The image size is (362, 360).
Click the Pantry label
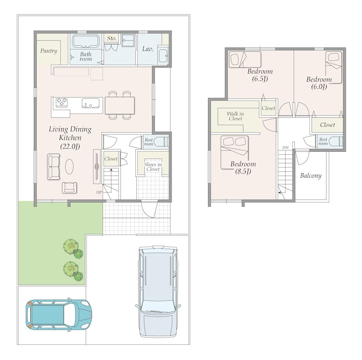48,51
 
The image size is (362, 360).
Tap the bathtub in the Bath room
86,41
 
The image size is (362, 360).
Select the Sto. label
111,38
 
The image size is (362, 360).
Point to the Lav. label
148,49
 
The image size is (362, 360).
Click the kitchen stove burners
62,102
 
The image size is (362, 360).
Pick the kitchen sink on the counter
91,103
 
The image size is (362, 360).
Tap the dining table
120,106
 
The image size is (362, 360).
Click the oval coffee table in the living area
70,167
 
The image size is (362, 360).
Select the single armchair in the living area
70,187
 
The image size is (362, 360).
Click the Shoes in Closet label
153,167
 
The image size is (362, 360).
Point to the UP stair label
99,192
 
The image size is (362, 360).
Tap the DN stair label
286,148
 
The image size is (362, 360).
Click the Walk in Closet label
235,116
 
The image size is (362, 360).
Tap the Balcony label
311,176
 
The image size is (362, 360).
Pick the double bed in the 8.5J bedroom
234,153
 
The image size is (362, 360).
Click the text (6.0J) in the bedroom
319,87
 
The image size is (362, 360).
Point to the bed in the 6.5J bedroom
245,60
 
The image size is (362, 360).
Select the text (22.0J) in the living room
70,147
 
